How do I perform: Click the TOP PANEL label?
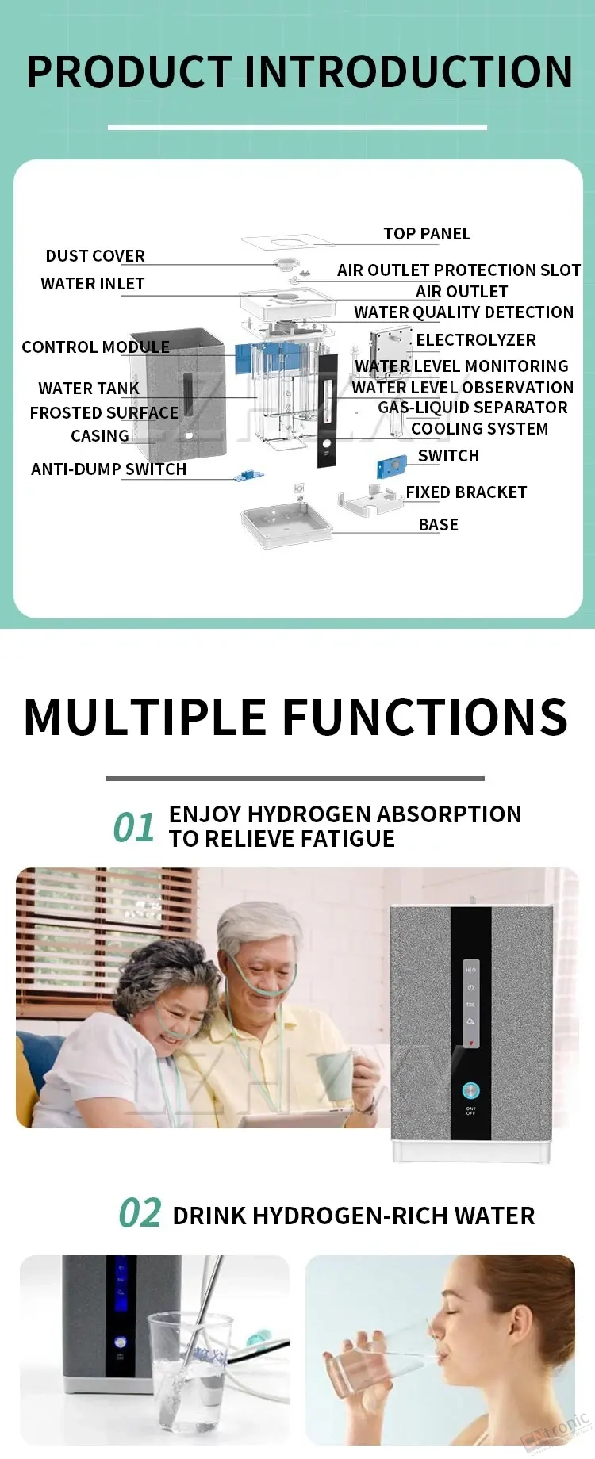coord(427,234)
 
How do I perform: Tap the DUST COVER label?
coord(95,256)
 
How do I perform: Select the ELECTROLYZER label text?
coord(476,340)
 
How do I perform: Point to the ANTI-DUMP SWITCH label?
coord(109,469)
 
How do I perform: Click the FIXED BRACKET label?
coord(466,492)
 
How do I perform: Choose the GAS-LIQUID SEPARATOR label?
coord(473,408)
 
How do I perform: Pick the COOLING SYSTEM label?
coord(480,429)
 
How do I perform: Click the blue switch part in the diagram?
coord(392,468)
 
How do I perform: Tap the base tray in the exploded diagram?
coord(286,523)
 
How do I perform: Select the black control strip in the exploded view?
coord(327,410)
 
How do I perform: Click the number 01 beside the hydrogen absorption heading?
coord(134,828)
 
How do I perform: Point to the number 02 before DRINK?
coord(140,1214)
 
